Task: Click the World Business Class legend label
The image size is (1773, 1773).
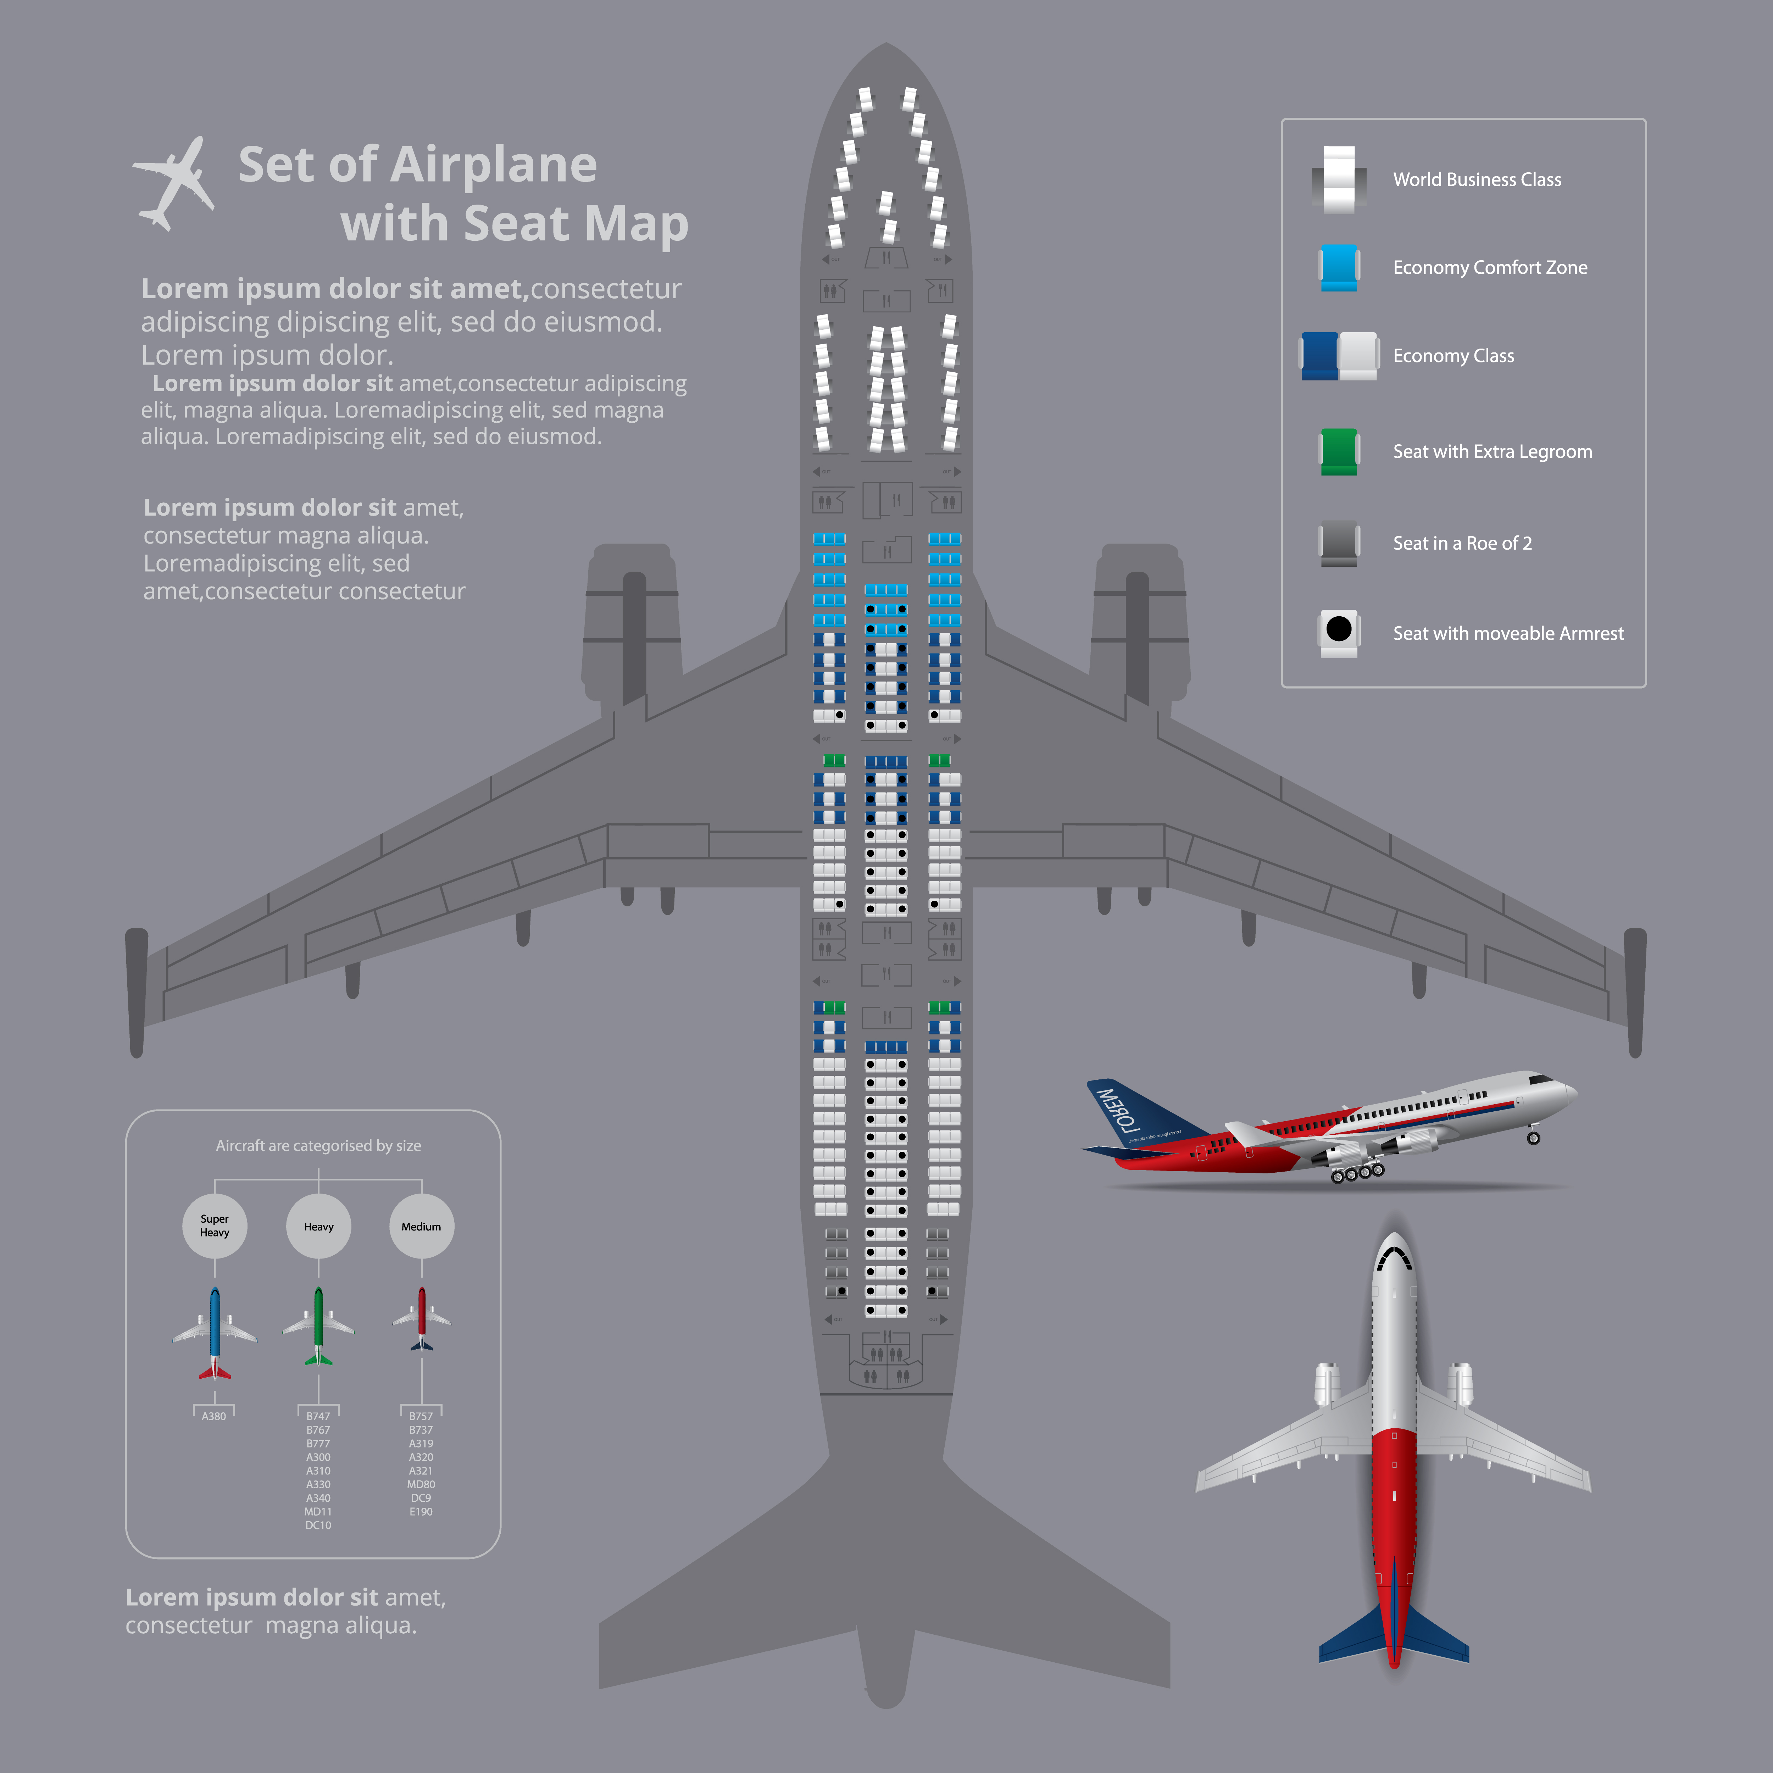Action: click(1477, 180)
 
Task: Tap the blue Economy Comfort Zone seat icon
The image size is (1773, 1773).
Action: click(1339, 267)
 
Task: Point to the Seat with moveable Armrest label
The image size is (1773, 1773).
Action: click(1508, 633)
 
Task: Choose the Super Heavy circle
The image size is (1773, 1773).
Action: click(215, 1226)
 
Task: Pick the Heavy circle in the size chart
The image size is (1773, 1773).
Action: click(318, 1226)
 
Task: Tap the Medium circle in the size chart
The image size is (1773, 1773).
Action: click(421, 1226)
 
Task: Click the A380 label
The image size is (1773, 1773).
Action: click(214, 1416)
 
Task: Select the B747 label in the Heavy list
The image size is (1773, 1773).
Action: click(318, 1416)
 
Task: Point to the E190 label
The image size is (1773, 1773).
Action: click(421, 1511)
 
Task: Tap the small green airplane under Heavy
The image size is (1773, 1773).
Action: click(318, 1326)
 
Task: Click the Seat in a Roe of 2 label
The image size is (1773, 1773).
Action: click(1462, 543)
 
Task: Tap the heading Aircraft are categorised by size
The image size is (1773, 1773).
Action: click(318, 1145)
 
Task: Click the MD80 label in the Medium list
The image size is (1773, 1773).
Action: click(421, 1484)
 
